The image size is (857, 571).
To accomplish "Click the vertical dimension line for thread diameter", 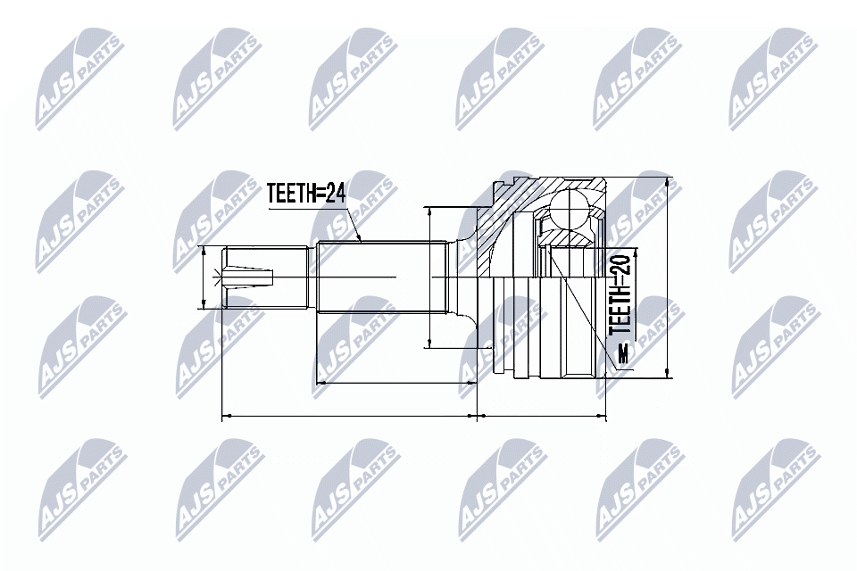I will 204,277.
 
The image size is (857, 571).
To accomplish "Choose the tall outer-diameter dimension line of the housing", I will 668,277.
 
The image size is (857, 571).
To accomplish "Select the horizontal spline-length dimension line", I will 393,383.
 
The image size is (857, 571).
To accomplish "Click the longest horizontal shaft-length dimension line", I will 348,415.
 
